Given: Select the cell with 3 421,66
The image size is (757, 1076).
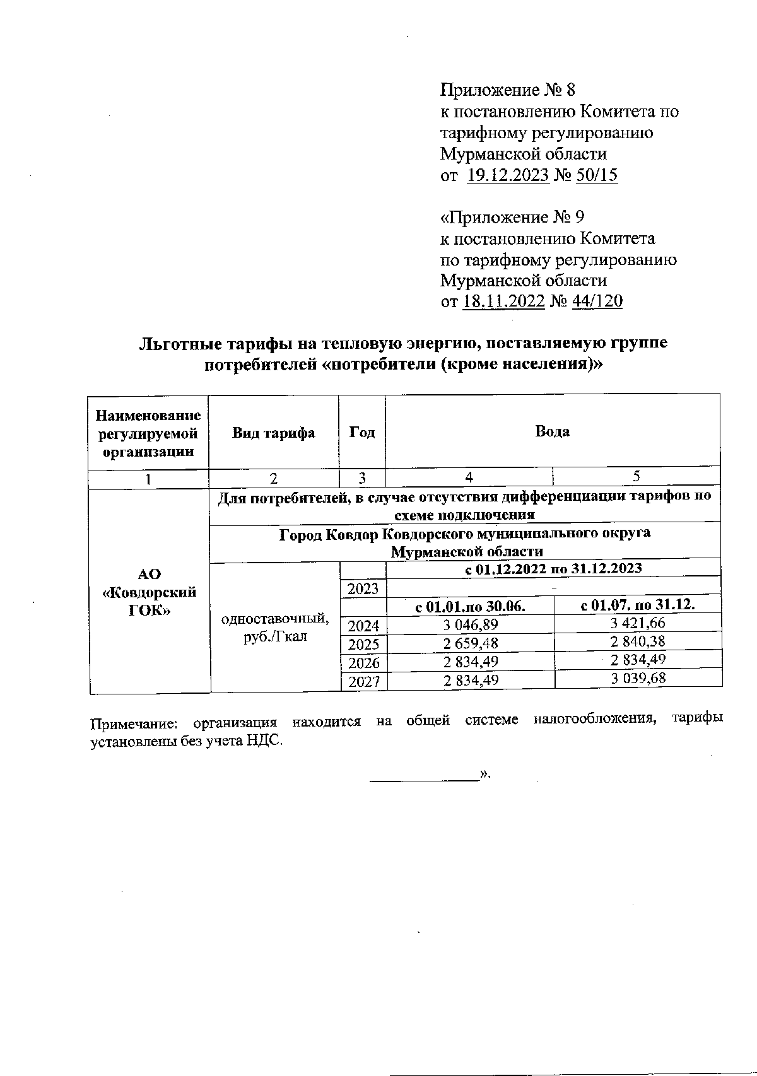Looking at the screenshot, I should tap(637, 623).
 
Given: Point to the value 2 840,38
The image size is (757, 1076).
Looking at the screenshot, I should tap(637, 641).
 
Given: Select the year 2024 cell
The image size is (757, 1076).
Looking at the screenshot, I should tap(363, 626).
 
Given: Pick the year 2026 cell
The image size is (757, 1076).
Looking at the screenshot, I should tap(363, 663).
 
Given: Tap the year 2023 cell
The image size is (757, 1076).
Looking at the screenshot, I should tap(363, 588).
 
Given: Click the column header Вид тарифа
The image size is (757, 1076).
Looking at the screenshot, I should tap(273, 433).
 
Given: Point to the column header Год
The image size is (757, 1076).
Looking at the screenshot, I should tap(362, 433).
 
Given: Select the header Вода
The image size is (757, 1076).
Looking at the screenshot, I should tap(552, 431).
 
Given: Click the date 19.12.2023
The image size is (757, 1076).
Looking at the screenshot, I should tap(508, 175).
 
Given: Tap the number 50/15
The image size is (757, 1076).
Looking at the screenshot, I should tap(597, 175).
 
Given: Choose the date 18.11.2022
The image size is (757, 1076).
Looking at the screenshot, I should tap(504, 301).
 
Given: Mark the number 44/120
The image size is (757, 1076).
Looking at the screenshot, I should tap(597, 301).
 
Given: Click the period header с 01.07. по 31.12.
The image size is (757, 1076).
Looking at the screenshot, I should tap(637, 605).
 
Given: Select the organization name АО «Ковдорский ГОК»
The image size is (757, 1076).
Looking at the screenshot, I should tap(149, 592).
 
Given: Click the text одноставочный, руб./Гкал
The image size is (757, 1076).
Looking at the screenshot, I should tap(274, 627).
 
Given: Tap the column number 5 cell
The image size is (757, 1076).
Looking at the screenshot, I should tap(636, 476).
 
